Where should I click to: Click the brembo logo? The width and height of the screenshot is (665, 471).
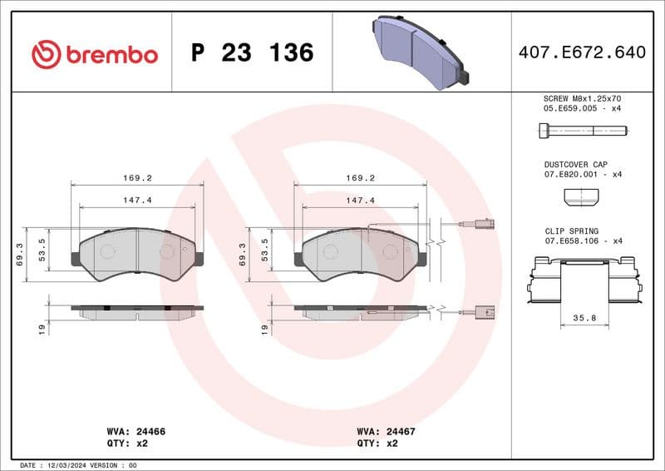click(94, 54)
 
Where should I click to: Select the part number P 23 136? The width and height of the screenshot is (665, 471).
click(252, 53)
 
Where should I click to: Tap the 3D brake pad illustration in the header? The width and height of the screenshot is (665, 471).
click(419, 51)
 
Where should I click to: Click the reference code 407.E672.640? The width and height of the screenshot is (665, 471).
click(581, 52)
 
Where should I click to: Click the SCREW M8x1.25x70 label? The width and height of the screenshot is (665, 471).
click(581, 98)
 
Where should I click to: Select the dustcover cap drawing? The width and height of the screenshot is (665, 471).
click(581, 196)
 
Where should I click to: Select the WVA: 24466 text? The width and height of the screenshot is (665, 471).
click(136, 432)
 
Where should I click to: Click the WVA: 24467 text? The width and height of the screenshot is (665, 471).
click(386, 432)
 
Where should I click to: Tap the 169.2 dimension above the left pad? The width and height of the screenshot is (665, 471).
click(137, 177)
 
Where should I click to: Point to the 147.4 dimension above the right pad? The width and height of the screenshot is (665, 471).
click(361, 200)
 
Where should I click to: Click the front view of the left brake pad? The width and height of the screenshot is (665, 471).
click(137, 254)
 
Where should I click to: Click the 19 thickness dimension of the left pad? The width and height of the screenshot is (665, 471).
click(42, 330)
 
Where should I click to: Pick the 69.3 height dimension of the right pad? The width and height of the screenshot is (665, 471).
click(242, 254)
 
